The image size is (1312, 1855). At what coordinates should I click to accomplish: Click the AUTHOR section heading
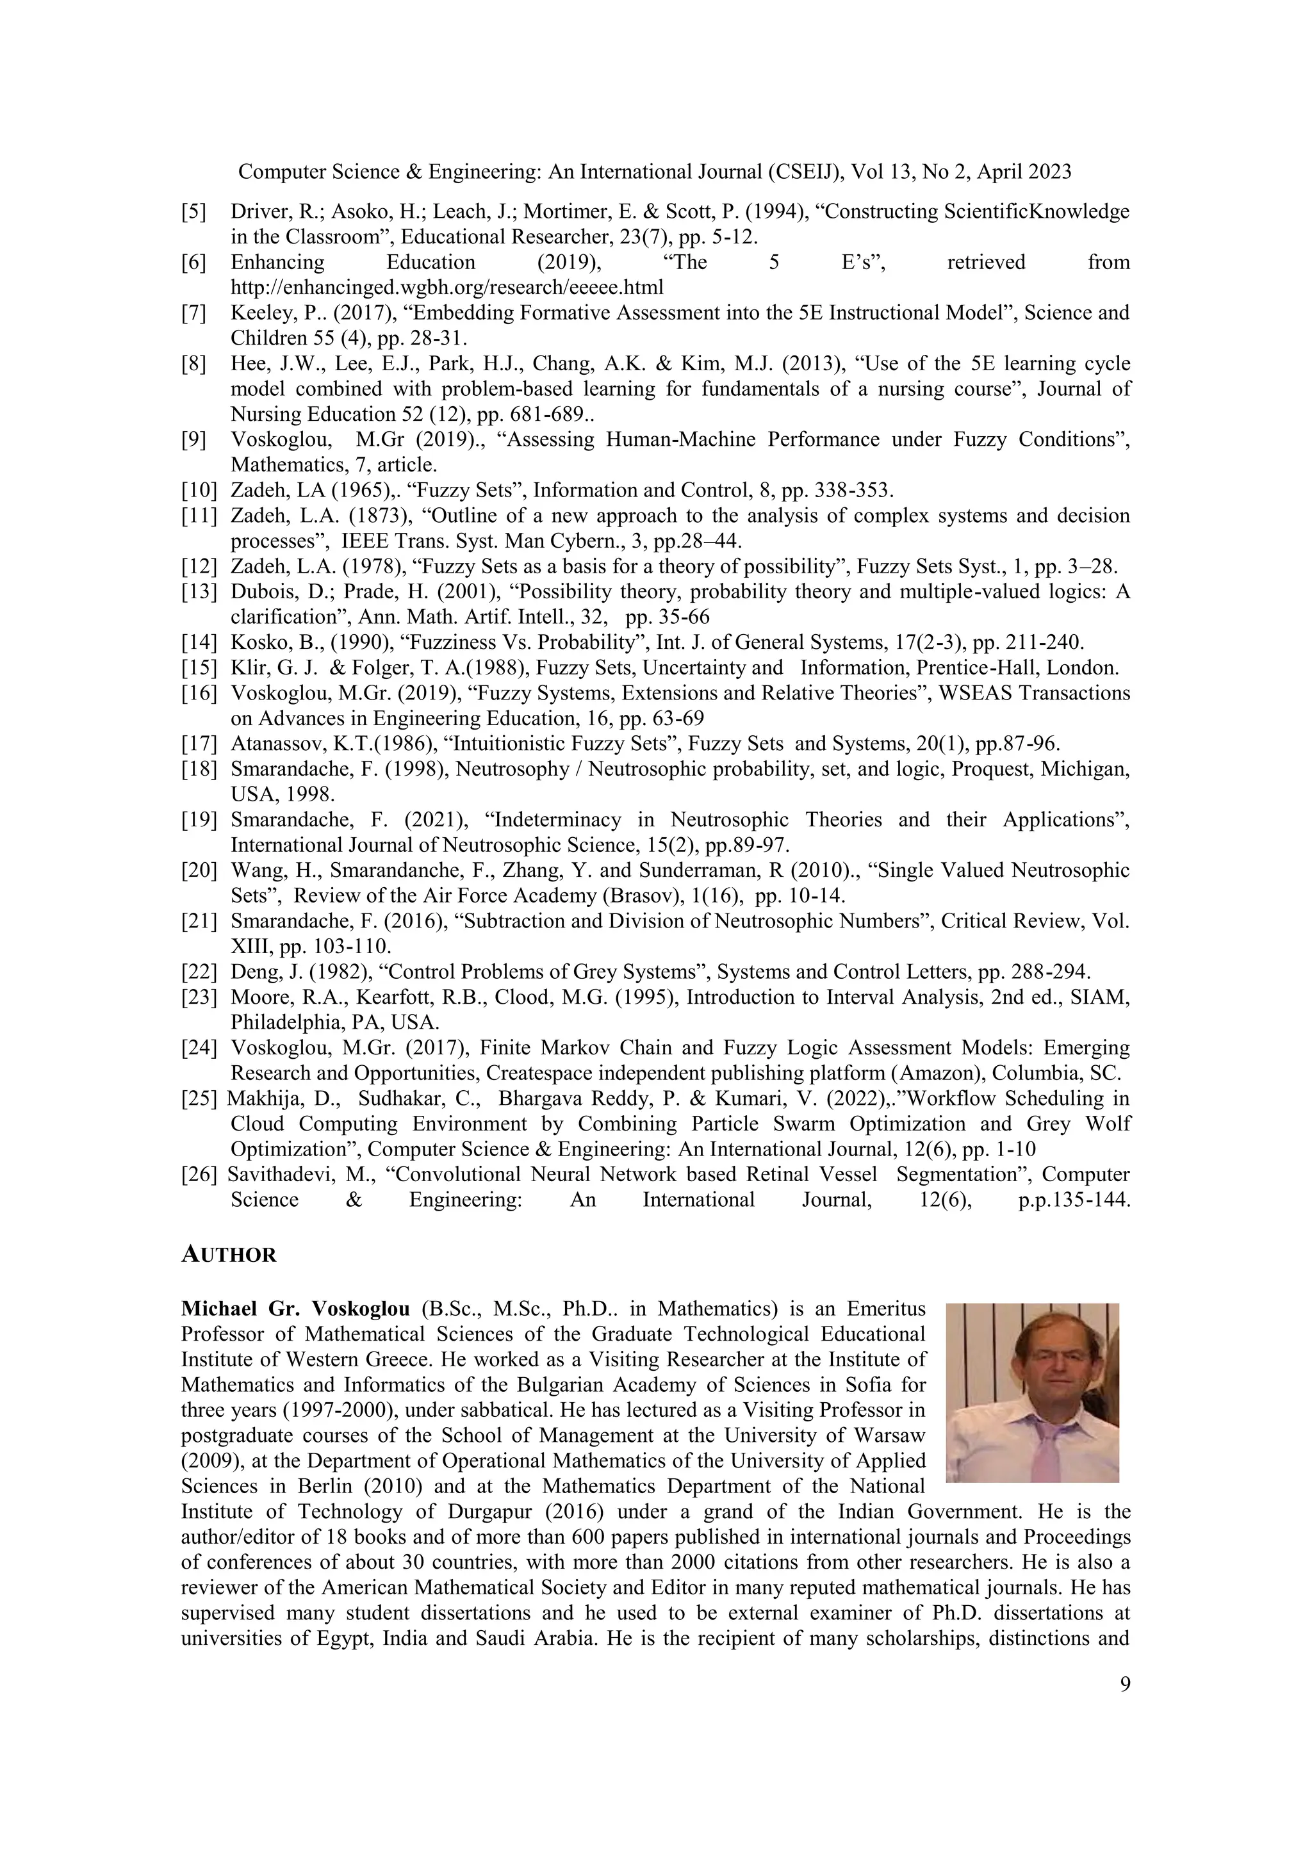(229, 1255)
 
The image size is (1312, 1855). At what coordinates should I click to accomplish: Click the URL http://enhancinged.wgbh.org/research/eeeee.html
(447, 287)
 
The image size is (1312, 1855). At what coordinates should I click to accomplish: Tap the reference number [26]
(199, 1174)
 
